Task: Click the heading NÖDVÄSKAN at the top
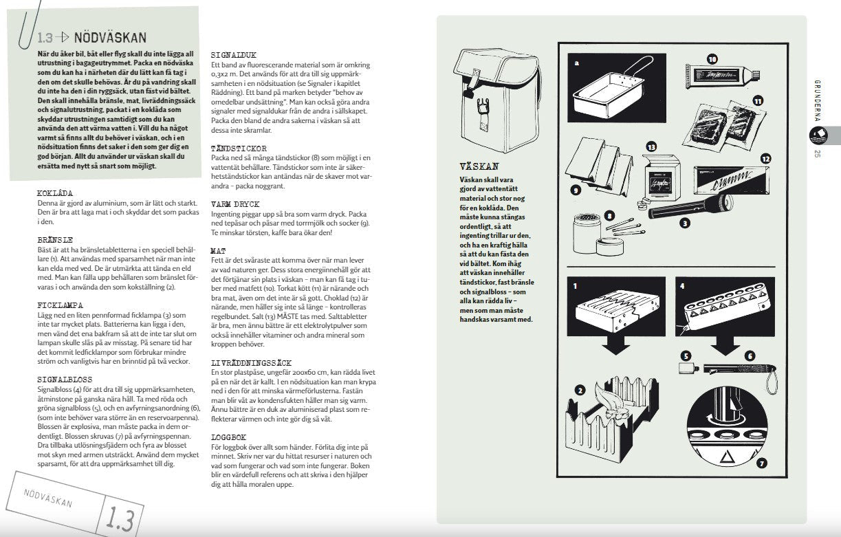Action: [109, 38]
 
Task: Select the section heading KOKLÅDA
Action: [55, 194]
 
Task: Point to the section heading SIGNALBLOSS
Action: [64, 379]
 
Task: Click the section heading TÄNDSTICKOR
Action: [239, 148]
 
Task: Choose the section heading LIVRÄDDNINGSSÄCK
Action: [252, 362]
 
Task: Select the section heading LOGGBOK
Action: [228, 437]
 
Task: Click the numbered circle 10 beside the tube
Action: [712, 59]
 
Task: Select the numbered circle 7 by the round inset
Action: [761, 462]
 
